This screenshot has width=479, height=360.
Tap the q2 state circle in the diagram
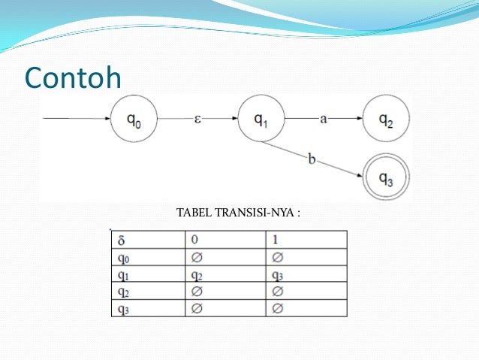tap(385, 119)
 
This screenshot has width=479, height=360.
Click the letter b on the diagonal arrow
tap(311, 158)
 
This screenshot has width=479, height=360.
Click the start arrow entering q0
tap(75, 119)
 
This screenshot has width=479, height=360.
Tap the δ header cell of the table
tap(122, 241)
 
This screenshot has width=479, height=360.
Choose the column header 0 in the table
tap(197, 241)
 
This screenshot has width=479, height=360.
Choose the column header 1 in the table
tap(276, 241)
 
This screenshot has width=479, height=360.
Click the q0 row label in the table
tap(123, 258)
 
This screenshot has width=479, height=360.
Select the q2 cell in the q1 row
tap(198, 275)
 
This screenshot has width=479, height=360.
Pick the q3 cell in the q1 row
tap(277, 275)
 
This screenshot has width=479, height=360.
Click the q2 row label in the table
tap(123, 292)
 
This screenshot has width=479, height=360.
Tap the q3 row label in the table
tap(123, 309)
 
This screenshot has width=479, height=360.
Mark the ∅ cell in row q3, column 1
tap(277, 309)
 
